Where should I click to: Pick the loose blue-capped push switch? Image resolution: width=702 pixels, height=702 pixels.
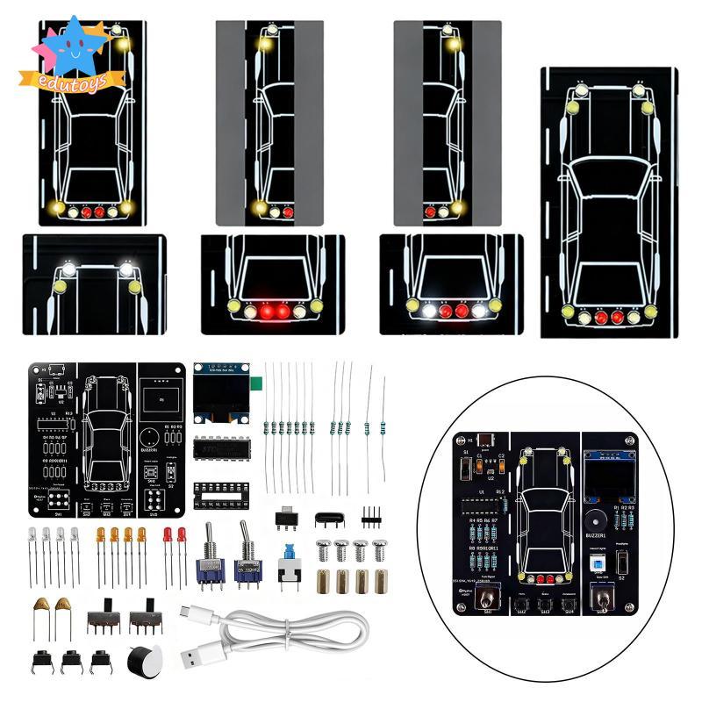pos(285,562)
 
